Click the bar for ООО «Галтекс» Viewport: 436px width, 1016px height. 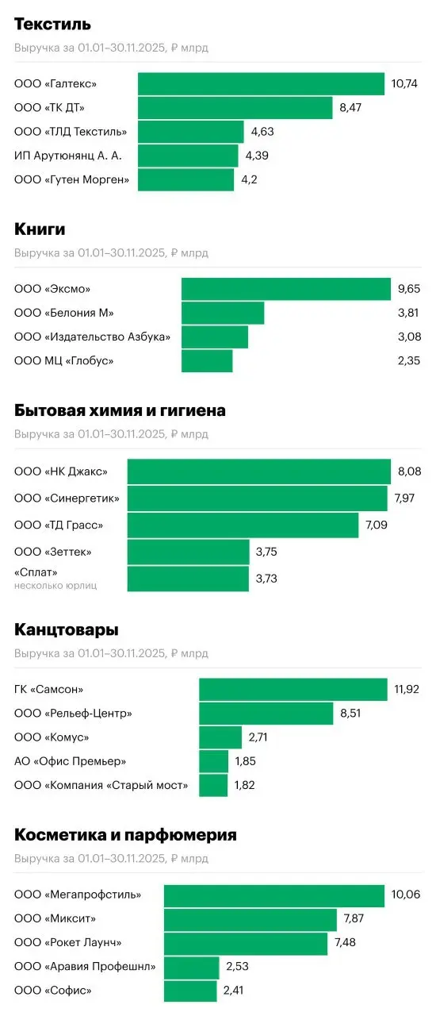click(x=261, y=84)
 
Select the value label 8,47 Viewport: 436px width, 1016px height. click(x=350, y=108)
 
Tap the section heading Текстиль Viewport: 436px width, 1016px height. click(x=52, y=25)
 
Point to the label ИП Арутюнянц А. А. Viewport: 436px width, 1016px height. click(x=68, y=156)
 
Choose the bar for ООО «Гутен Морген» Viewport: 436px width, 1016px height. click(x=186, y=179)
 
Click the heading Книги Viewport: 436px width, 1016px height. click(x=40, y=229)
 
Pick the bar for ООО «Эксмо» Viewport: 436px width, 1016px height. click(x=285, y=289)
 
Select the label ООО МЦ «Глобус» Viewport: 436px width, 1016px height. click(x=64, y=361)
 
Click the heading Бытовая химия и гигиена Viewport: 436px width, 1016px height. click(x=120, y=410)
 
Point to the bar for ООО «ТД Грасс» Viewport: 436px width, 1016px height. click(x=243, y=525)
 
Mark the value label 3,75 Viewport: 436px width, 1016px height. click(x=266, y=552)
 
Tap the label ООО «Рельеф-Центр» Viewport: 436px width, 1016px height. click(x=73, y=714)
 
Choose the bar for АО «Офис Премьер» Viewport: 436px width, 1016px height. click(x=213, y=762)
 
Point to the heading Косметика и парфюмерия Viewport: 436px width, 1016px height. click(x=125, y=835)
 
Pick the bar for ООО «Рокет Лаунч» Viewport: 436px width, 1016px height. click(x=246, y=943)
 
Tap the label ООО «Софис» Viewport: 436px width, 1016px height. click(x=53, y=991)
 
